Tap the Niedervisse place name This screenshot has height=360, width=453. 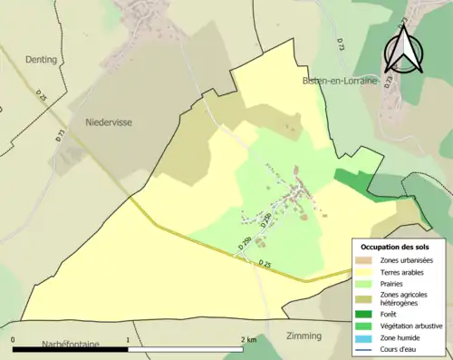[x=108, y=121]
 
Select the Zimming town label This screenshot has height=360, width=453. [x=304, y=336]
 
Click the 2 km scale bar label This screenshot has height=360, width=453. [x=248, y=339]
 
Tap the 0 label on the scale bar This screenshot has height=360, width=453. [x=14, y=339]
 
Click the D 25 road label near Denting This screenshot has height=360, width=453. [x=43, y=94]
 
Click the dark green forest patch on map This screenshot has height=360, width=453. [x=355, y=178]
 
